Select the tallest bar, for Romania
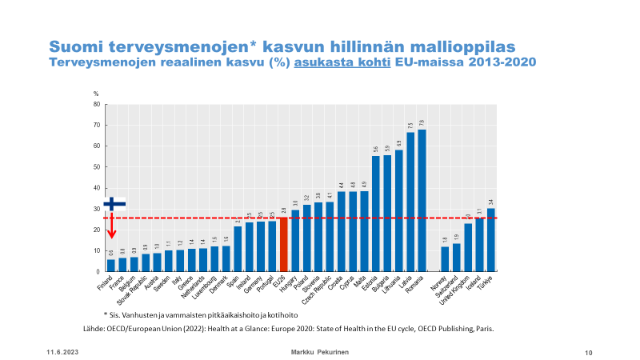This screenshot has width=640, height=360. (x=422, y=200)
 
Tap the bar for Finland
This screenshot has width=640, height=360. (x=110, y=266)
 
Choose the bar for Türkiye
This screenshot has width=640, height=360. (x=490, y=240)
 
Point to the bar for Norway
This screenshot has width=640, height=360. (x=445, y=259)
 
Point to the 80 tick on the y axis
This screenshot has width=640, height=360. (x=96, y=104)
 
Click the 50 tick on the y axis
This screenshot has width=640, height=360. (x=96, y=167)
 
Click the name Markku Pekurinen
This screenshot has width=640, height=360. (x=319, y=352)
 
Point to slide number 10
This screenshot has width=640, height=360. (x=588, y=352)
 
